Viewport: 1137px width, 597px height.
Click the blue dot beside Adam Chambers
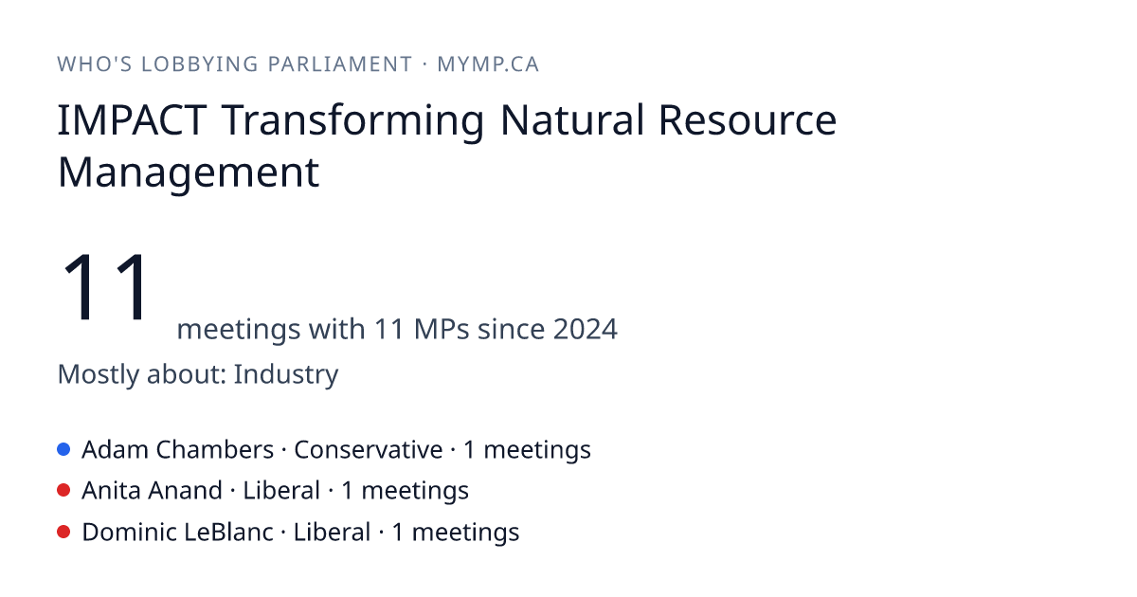(63, 449)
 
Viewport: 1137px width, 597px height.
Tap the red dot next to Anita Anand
(63, 491)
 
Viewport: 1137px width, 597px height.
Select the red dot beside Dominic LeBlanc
(63, 532)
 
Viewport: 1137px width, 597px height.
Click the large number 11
(105, 287)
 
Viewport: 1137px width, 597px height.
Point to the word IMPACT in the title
(132, 120)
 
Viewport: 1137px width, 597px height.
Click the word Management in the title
(189, 173)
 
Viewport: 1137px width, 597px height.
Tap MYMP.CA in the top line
(488, 64)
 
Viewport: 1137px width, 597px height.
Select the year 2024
(585, 329)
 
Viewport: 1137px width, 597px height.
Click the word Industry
(286, 374)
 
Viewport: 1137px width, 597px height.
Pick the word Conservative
(368, 450)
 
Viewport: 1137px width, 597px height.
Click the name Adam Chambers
(178, 450)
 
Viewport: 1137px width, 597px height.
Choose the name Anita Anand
(153, 491)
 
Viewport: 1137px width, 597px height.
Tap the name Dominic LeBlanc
(178, 532)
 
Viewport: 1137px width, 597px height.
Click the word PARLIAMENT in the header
(339, 64)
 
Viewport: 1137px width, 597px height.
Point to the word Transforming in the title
(352, 121)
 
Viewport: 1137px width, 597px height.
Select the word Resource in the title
(748, 120)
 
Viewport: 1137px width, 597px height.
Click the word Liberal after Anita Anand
(281, 491)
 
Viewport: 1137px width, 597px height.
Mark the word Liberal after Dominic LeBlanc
(332, 532)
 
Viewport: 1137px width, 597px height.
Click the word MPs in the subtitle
(442, 329)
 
